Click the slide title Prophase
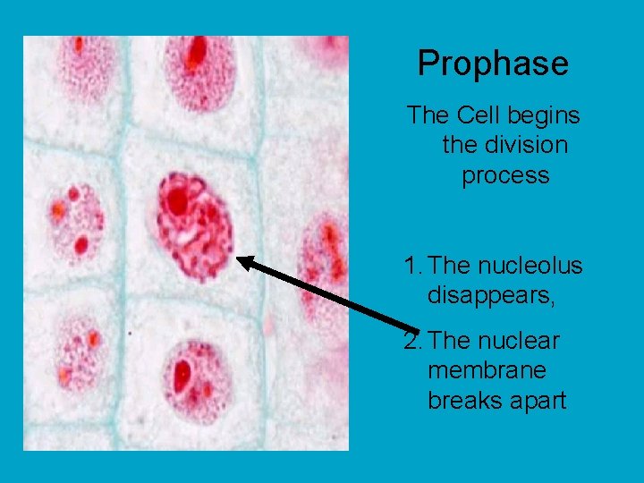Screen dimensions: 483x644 (492, 64)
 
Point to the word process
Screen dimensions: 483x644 (505, 175)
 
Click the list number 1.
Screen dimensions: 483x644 (411, 266)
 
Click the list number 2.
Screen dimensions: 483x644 (411, 341)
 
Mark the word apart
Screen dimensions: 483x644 (538, 400)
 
